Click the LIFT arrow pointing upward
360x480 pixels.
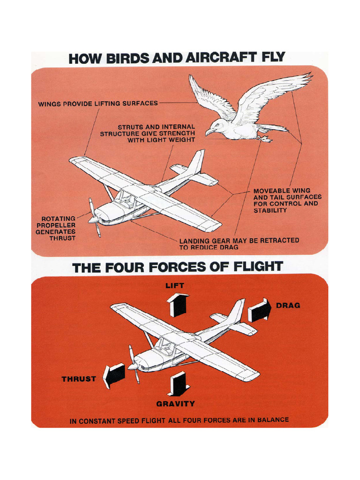178,304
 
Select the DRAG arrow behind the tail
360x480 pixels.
259,310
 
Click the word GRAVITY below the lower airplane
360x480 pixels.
175,404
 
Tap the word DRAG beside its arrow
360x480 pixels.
288,305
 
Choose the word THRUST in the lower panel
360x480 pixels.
79,379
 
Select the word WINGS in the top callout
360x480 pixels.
49,103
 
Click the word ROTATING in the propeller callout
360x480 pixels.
59,218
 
